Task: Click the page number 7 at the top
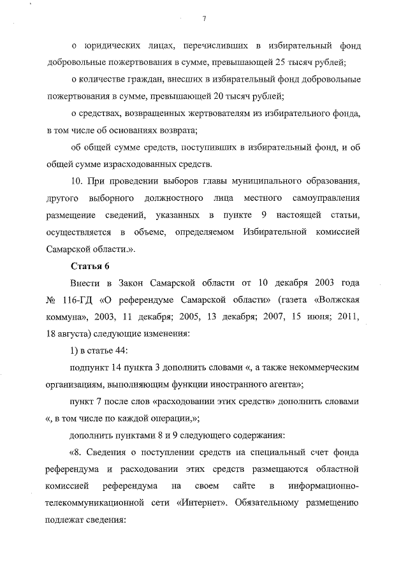coord(203,18)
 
